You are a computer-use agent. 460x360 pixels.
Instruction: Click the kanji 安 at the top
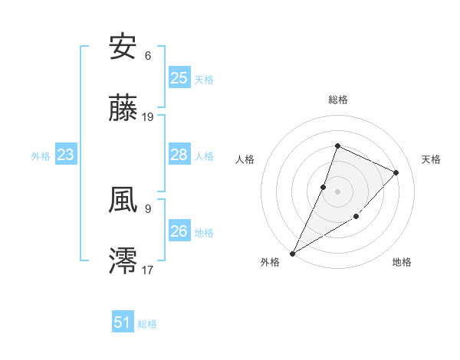click(x=123, y=47)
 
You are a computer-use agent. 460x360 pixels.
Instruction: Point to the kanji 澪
click(x=123, y=260)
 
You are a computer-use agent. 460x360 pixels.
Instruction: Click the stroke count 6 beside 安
click(x=148, y=56)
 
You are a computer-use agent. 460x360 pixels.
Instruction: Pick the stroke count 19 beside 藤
click(x=148, y=117)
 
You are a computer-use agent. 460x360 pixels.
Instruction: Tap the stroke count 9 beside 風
click(x=148, y=208)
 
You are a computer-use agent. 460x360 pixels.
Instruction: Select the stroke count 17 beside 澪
click(x=148, y=269)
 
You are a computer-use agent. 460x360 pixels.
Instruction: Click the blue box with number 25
click(x=179, y=77)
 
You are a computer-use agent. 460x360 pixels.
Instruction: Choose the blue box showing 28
click(x=179, y=155)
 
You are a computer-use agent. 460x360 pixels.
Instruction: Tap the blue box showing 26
click(x=179, y=231)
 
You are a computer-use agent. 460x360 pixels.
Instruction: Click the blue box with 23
click(x=66, y=155)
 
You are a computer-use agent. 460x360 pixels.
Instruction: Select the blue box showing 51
click(x=123, y=322)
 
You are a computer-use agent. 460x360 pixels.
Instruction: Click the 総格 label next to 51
click(x=147, y=324)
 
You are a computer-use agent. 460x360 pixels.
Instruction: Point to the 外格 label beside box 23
click(x=41, y=156)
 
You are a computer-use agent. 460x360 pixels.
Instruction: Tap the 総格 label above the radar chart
click(x=337, y=100)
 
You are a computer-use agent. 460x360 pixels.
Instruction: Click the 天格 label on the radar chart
click(x=431, y=159)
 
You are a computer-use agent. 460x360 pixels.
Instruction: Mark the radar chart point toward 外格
click(x=292, y=254)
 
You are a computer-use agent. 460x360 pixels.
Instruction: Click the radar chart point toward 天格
click(x=396, y=172)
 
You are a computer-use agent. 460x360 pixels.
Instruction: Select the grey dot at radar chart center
click(x=337, y=191)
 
